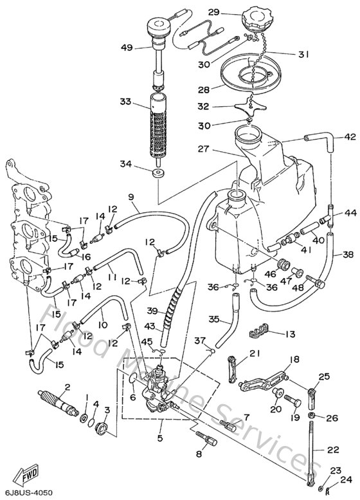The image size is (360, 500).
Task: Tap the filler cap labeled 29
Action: (x=257, y=17)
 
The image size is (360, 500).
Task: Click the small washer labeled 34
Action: (x=157, y=174)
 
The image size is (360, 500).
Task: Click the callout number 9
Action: (x=130, y=197)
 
